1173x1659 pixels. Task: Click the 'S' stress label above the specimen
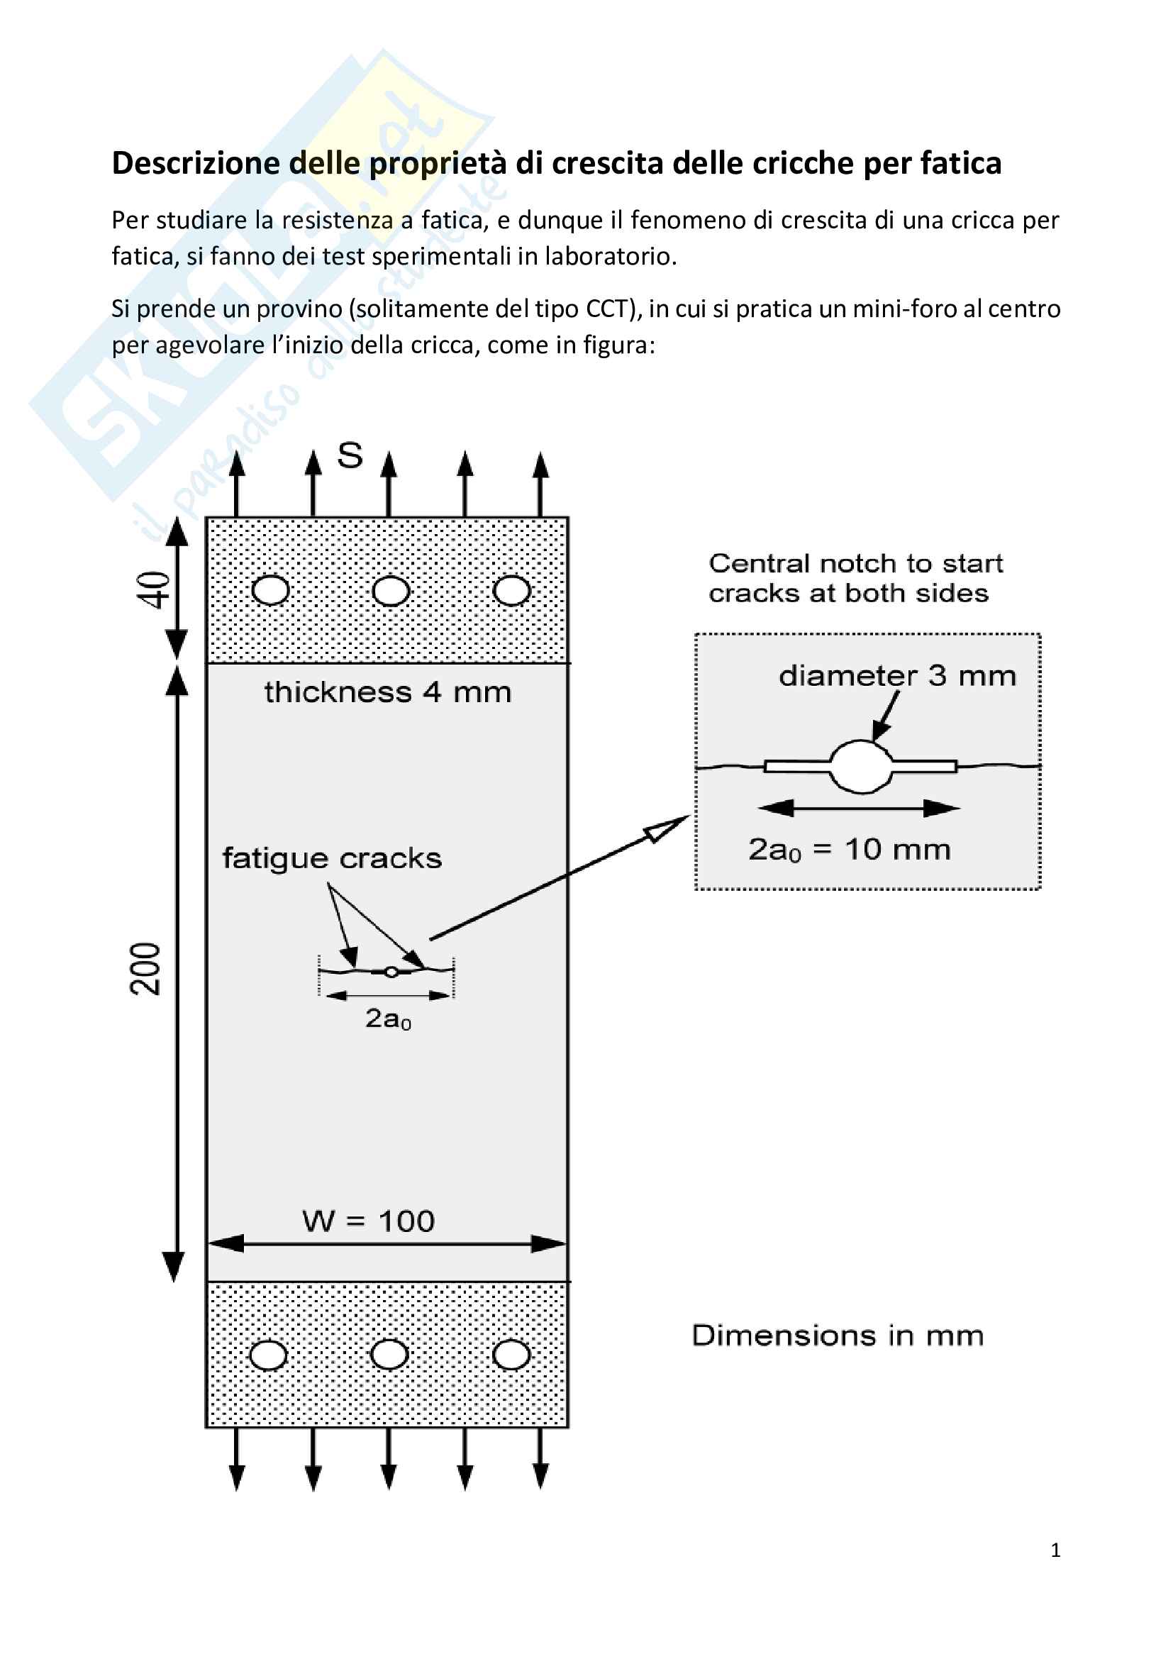coord(350,456)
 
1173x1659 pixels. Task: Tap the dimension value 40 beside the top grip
coord(154,589)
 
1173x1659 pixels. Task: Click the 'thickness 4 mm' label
coord(388,693)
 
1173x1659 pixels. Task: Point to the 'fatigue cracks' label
coord(331,859)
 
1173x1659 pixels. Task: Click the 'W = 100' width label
coord(368,1222)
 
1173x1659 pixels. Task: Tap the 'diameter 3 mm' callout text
coord(897,677)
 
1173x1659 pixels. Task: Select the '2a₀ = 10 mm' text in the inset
coord(850,850)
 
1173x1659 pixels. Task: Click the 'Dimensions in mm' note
coord(838,1336)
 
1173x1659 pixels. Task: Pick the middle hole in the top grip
coord(391,591)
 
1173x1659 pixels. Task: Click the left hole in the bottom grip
coord(269,1356)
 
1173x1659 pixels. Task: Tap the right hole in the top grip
coord(511,591)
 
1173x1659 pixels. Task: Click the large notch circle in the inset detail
coord(862,767)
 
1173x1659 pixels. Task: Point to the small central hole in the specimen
coord(391,972)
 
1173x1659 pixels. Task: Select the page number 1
coord(1055,1550)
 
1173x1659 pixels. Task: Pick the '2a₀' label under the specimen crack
coord(388,1019)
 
